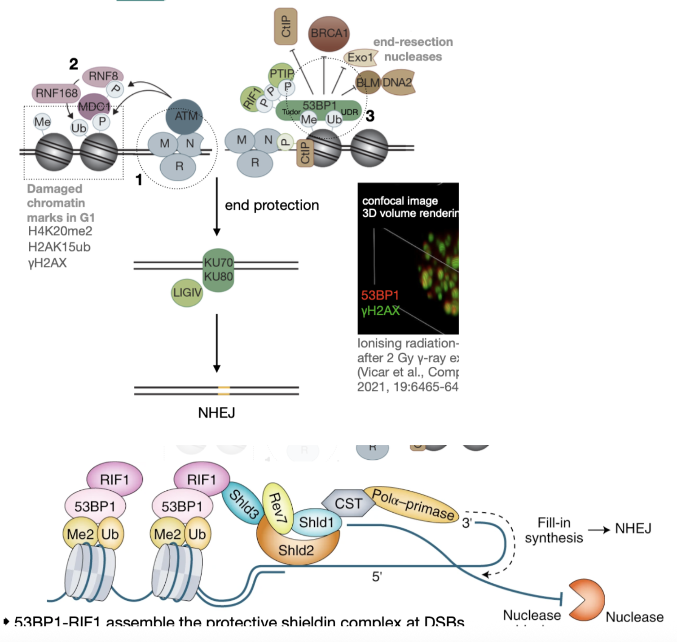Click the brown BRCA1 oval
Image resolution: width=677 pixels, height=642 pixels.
click(x=329, y=34)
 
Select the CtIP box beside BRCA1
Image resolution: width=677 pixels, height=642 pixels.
click(x=286, y=26)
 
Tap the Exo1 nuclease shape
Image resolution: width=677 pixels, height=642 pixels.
click(x=360, y=57)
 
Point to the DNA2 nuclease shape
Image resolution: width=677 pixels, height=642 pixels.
click(x=398, y=83)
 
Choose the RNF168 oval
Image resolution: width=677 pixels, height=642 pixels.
click(x=56, y=93)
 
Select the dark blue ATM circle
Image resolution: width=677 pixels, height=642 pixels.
click(x=185, y=117)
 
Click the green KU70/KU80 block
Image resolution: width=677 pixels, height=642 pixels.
click(x=219, y=270)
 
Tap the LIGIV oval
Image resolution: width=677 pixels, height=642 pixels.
click(x=187, y=293)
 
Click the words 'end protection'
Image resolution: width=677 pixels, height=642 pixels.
click(x=272, y=205)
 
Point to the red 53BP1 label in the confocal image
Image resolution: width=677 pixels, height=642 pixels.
click(x=380, y=295)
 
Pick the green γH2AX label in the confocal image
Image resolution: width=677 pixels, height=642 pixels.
click(x=380, y=311)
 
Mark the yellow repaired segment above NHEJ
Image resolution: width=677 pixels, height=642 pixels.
click(x=224, y=391)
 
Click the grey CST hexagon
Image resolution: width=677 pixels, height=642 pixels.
click(x=348, y=503)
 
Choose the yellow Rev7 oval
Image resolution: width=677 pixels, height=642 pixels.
click(x=277, y=508)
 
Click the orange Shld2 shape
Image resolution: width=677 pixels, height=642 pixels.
click(x=296, y=550)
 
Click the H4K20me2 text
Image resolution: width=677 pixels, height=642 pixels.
click(x=60, y=232)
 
